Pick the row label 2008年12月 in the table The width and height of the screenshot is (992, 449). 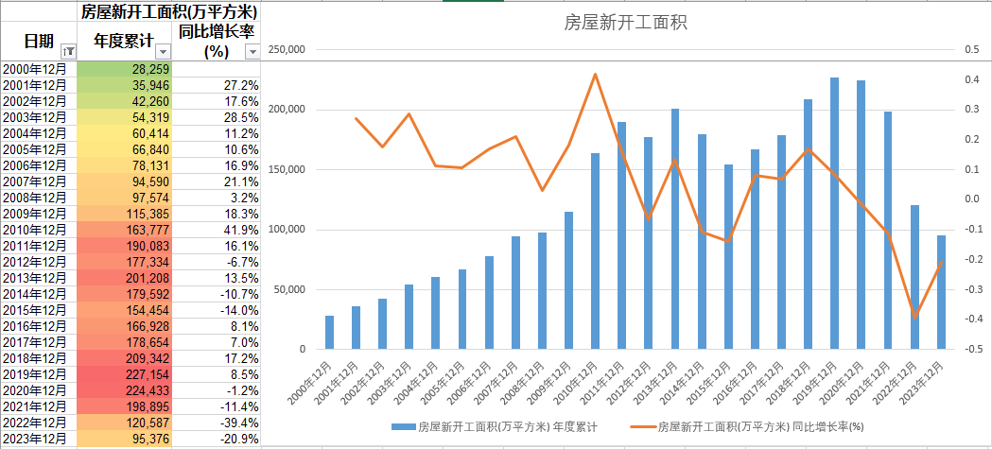[x=35, y=198]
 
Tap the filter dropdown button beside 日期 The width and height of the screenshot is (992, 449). [x=67, y=52]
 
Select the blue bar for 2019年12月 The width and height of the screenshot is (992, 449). [x=834, y=213]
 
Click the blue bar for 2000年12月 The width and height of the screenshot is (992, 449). [x=329, y=332]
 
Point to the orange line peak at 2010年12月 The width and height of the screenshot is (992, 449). [x=595, y=74]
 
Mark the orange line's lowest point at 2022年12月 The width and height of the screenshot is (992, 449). [x=914, y=317]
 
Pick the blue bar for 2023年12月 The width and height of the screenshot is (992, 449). [x=941, y=292]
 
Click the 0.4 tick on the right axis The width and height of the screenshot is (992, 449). [x=970, y=80]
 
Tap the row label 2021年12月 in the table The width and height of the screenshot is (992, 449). [x=35, y=406]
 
